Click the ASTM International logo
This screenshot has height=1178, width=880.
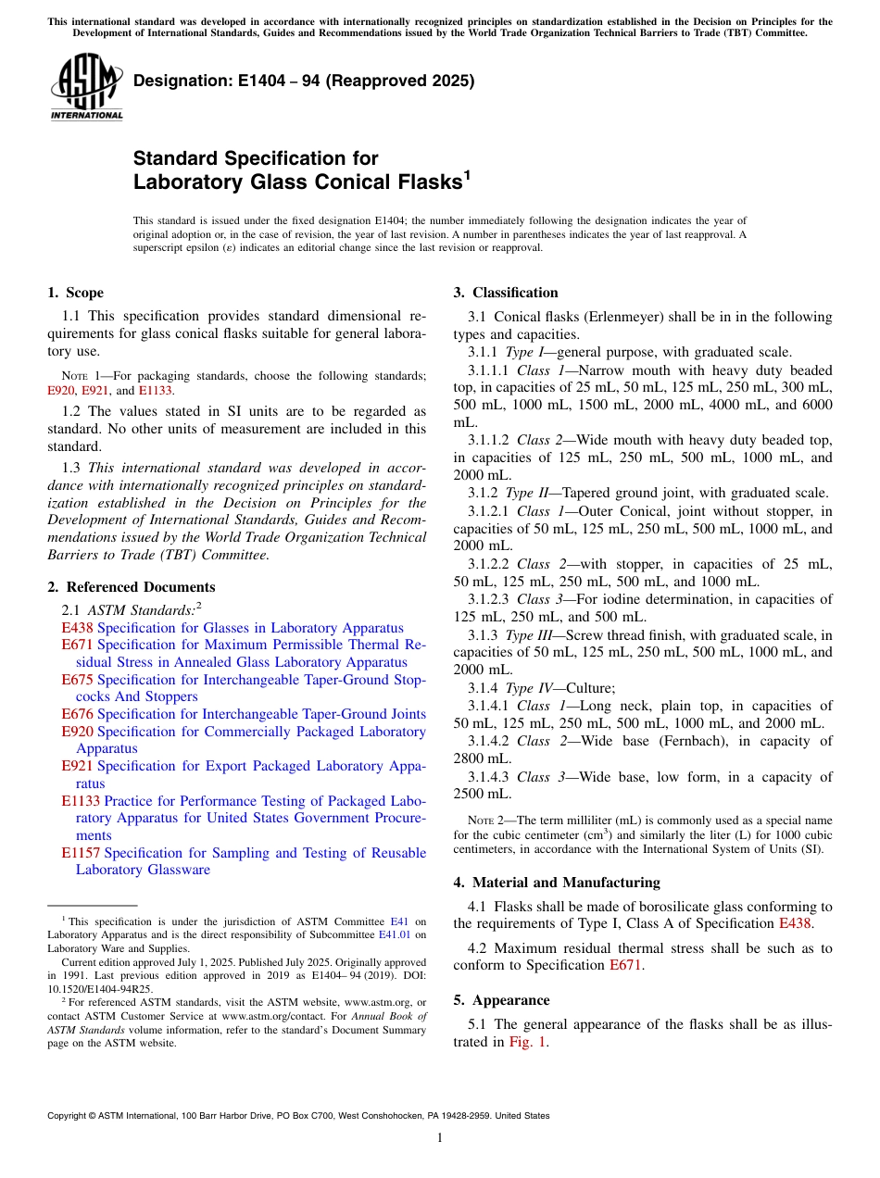86,87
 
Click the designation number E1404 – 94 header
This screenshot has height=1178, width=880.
304,81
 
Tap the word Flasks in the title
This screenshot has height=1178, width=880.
412,182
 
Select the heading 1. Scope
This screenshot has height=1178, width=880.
75,293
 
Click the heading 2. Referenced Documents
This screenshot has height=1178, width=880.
131,587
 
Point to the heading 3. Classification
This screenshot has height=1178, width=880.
506,293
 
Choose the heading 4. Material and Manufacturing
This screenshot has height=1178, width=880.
557,883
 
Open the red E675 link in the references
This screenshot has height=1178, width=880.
77,680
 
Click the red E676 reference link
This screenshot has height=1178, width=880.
77,714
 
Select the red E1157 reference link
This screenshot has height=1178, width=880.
81,853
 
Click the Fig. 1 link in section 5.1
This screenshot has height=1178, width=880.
528,1042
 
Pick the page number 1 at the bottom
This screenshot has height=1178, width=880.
440,1138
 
